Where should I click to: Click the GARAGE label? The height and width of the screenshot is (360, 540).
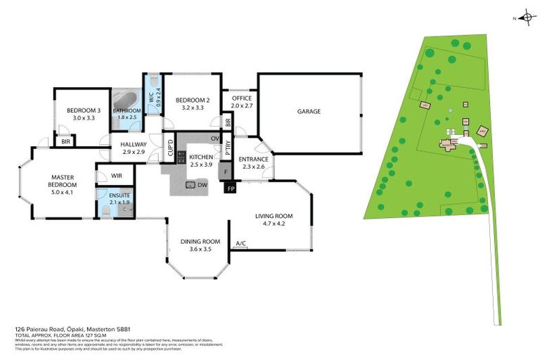coord(309,112)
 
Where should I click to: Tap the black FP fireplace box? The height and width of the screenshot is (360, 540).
coord(230,188)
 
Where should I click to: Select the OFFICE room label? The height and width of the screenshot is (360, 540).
coord(240,99)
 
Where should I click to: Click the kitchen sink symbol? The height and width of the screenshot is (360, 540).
coord(190,185)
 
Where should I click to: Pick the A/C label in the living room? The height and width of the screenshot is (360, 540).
coord(240,244)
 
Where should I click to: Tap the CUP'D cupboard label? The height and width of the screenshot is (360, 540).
coord(170,149)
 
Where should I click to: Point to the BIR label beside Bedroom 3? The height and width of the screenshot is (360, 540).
coord(65,141)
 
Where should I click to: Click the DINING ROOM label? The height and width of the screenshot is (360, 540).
coord(200,242)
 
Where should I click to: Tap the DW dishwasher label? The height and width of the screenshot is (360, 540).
coord(202,185)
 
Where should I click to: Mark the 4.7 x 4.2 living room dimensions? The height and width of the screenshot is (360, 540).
coord(274,224)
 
